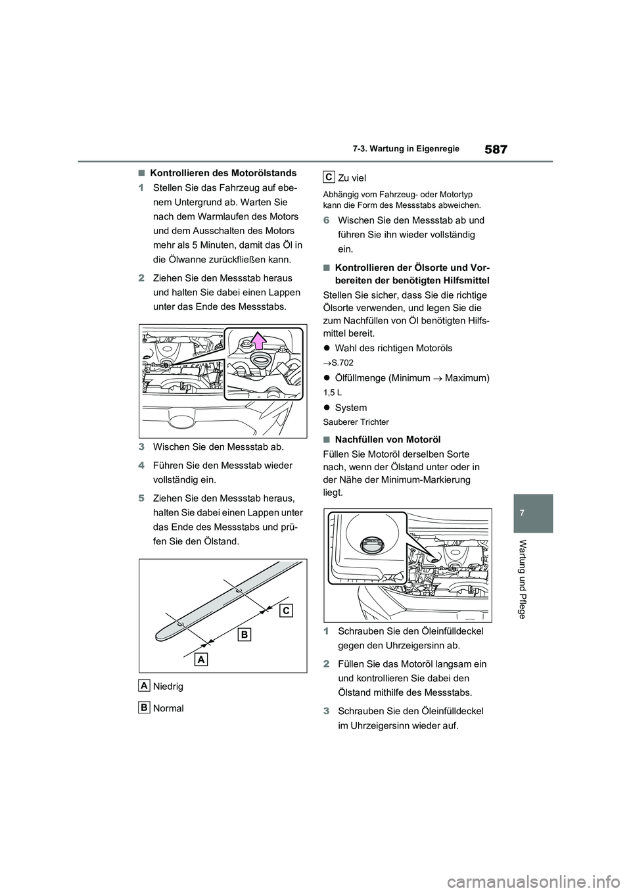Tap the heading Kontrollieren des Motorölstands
click(x=223, y=174)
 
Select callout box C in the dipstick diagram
click(x=284, y=610)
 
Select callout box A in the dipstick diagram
click(x=201, y=659)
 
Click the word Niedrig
click(x=168, y=686)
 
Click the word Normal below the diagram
click(x=168, y=708)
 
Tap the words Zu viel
click(x=352, y=178)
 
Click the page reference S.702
click(x=341, y=362)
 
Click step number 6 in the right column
click(x=327, y=220)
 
